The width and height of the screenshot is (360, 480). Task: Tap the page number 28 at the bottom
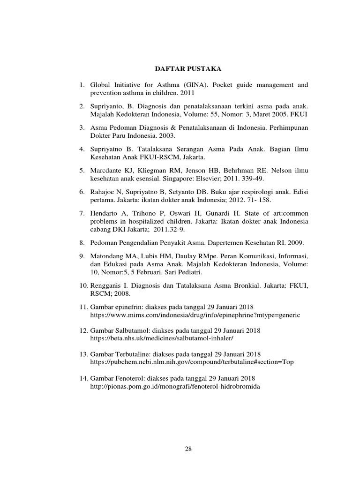(188, 449)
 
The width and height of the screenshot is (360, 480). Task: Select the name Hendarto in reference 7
(104, 213)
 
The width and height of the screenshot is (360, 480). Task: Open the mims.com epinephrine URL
(195, 315)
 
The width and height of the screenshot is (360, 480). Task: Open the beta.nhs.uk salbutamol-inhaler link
(161, 338)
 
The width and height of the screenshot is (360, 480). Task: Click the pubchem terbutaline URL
(192, 362)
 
